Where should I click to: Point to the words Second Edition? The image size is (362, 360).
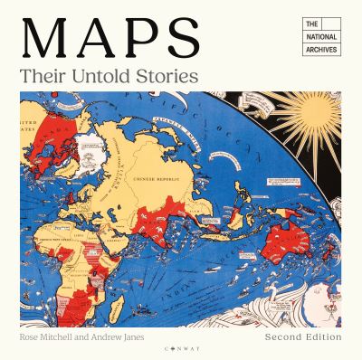coord(304,336)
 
